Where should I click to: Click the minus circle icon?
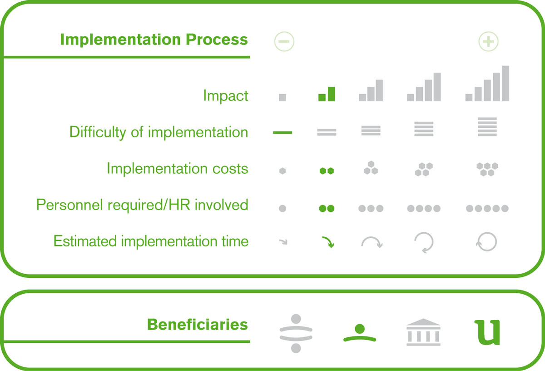(284, 41)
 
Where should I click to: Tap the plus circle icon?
(488, 41)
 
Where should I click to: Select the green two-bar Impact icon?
(327, 94)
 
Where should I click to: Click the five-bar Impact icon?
(487, 83)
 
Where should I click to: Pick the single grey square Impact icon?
(282, 97)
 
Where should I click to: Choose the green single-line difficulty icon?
(282, 132)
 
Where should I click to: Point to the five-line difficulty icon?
(487, 127)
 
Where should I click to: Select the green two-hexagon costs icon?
(327, 171)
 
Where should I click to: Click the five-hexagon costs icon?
(487, 169)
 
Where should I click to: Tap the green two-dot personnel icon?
(327, 208)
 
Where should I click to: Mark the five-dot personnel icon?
(487, 208)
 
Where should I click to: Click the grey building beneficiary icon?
(423, 332)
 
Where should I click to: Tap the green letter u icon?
(487, 332)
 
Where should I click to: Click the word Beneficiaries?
(197, 325)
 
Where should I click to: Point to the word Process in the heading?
(217, 40)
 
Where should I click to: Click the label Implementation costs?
(178, 169)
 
